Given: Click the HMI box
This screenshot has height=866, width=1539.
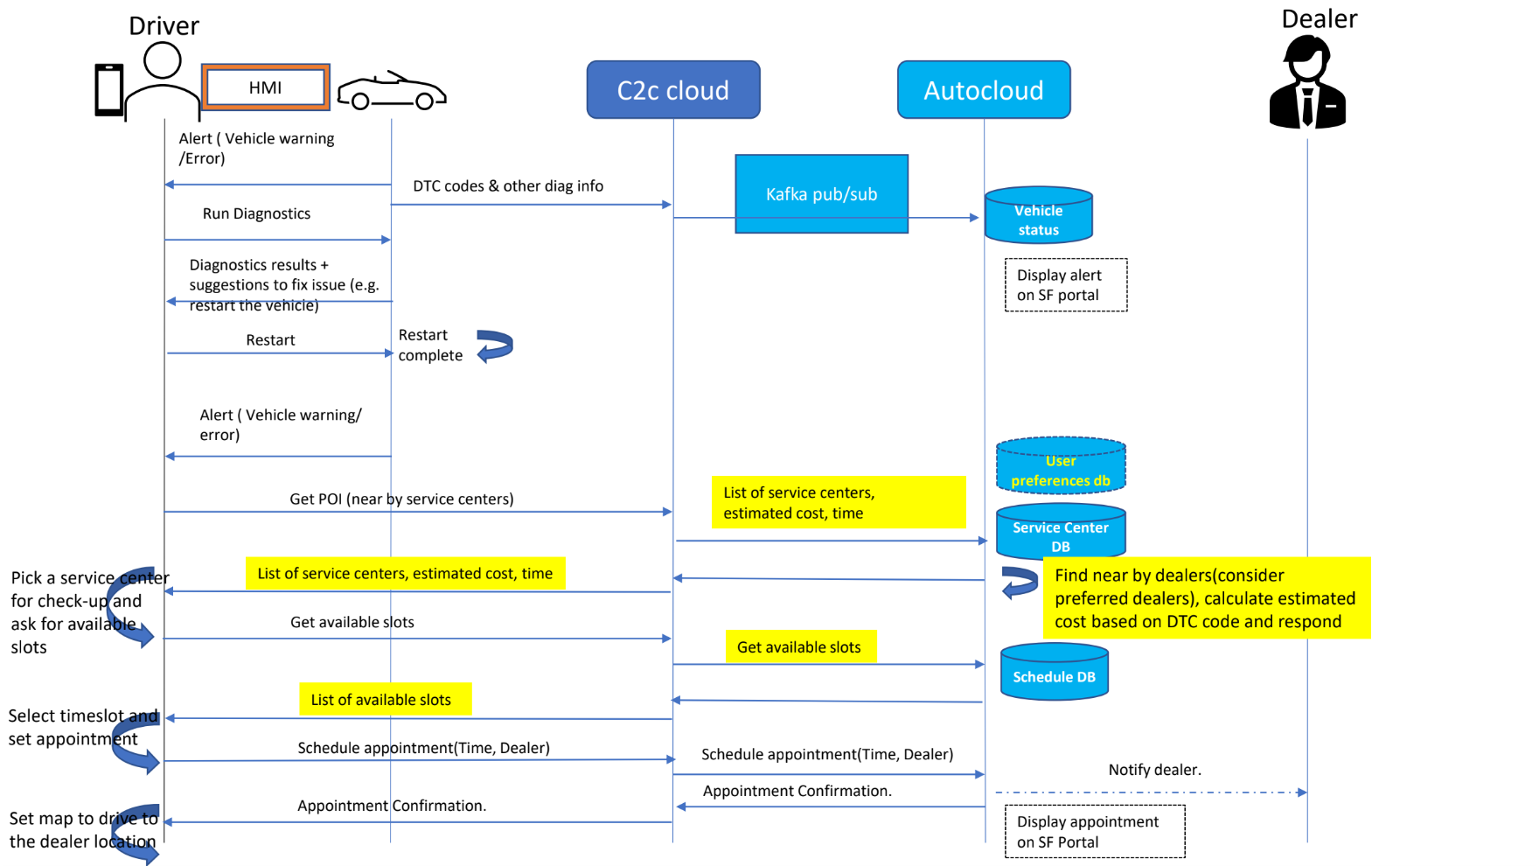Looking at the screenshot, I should [x=266, y=87].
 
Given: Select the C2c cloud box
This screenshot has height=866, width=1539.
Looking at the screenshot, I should [x=672, y=90].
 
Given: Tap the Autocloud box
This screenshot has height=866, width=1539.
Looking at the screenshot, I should [x=983, y=90].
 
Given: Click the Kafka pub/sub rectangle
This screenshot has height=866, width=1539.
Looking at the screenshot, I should [x=821, y=194].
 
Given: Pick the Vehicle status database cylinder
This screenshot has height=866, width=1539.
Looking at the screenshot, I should [x=1038, y=215].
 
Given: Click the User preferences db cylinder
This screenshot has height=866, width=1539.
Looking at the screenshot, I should [x=1060, y=466].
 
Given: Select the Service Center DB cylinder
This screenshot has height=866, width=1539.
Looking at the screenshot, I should [x=1060, y=533].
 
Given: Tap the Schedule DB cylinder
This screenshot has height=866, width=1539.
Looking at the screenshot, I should [x=1054, y=673].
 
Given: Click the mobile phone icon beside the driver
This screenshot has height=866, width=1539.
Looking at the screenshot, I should [x=109, y=89].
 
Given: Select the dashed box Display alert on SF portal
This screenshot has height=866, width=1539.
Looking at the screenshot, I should [x=1065, y=285].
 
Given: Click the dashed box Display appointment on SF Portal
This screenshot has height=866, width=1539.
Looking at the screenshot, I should [x=1094, y=832].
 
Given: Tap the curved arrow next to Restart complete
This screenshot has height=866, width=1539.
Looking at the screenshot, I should [x=495, y=346].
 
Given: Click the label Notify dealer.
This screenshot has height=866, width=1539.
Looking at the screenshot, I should [x=1154, y=770].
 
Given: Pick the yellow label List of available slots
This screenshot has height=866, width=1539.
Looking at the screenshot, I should [x=385, y=700].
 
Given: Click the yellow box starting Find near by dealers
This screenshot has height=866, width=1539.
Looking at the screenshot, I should [x=1206, y=598].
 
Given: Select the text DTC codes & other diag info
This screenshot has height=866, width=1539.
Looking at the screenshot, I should [x=508, y=186].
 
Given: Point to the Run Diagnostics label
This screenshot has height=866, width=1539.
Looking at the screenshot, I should [x=256, y=213].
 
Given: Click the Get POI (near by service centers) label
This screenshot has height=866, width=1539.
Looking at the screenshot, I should [x=401, y=499].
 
